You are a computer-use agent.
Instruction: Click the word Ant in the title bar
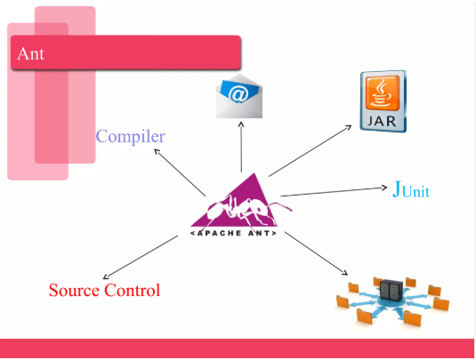pos(30,54)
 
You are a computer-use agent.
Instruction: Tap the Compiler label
pos(131,137)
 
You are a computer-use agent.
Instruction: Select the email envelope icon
pos(239,96)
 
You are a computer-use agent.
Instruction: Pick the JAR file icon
pos(383,101)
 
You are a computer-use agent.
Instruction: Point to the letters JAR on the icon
pos(382,121)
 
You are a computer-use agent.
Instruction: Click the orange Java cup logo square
pos(383,93)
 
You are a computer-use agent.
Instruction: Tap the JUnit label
pos(411,190)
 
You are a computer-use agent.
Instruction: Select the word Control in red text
pos(132,290)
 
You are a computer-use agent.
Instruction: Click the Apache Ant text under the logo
pos(233,233)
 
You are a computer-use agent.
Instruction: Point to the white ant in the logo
pos(243,211)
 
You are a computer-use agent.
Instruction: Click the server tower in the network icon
pos(391,289)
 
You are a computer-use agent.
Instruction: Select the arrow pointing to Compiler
pos(180,172)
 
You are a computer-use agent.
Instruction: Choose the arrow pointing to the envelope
pos(241,147)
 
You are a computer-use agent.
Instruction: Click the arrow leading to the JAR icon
pos(310,151)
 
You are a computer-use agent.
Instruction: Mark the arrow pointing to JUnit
pos(334,192)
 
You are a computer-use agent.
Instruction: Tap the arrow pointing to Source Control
pos(141,257)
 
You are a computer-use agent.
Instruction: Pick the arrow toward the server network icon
pos(316,253)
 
